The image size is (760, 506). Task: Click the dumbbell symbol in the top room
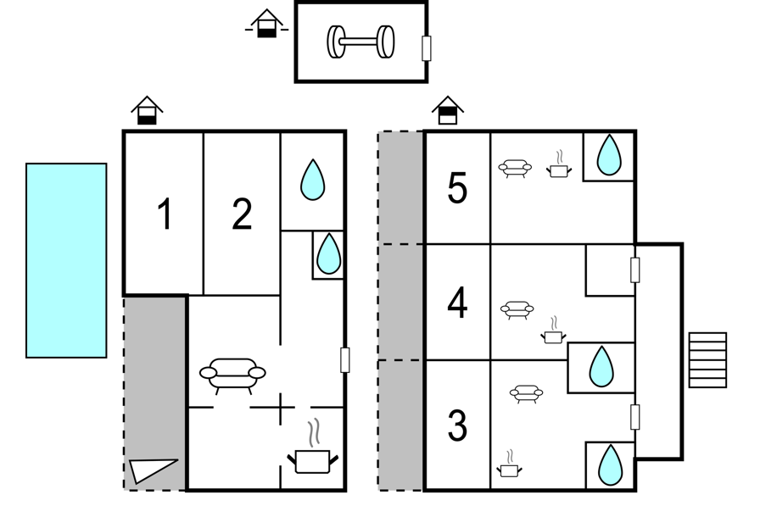click(x=360, y=42)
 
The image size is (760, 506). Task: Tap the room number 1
click(x=165, y=214)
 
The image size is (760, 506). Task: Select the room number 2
click(x=242, y=214)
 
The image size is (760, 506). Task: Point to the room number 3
click(x=457, y=425)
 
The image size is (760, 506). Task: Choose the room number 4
click(x=457, y=303)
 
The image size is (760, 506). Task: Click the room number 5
click(x=457, y=188)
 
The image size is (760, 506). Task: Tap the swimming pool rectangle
click(x=66, y=260)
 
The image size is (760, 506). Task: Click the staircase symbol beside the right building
click(x=707, y=359)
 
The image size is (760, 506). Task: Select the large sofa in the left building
click(x=232, y=375)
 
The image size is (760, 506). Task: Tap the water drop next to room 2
click(x=313, y=180)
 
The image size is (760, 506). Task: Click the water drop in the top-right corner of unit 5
click(x=609, y=155)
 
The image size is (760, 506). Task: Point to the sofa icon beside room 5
click(x=515, y=168)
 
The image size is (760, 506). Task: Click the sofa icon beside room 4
click(x=517, y=310)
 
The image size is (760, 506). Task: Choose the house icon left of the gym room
click(x=266, y=23)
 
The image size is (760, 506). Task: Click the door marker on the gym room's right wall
click(x=427, y=48)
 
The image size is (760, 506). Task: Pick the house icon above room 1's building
click(x=147, y=111)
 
